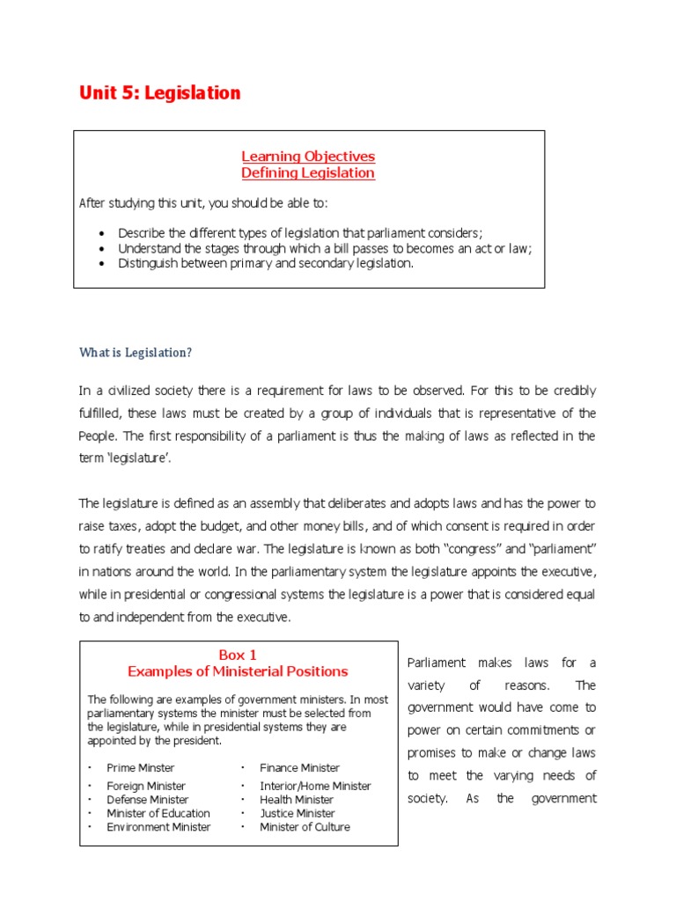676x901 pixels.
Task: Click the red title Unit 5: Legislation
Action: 159,92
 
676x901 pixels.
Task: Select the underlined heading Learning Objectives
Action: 308,156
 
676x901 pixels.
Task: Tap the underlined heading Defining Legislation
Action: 308,173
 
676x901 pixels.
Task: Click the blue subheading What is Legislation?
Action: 135,353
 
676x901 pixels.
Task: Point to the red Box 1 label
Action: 238,655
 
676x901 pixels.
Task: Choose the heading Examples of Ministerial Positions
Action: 238,671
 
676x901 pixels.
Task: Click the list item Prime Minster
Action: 141,768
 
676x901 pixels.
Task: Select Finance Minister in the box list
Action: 299,768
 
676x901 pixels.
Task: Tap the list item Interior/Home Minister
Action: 315,786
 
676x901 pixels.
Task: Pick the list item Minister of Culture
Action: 305,827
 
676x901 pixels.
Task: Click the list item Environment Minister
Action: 158,827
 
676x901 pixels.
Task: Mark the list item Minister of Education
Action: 158,814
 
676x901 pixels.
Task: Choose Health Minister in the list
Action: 297,800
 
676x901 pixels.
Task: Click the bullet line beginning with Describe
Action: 300,233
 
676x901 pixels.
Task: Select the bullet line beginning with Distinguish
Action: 265,263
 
